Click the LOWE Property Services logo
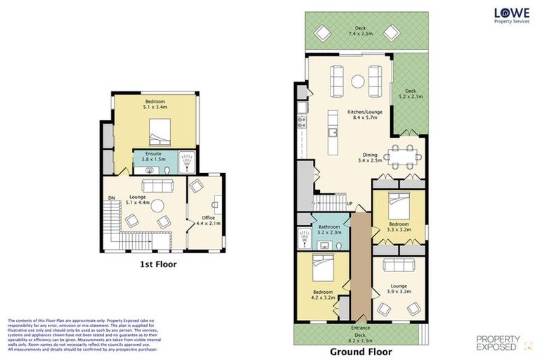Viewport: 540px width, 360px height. [x=510, y=15]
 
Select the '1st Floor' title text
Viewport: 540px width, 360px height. [x=157, y=264]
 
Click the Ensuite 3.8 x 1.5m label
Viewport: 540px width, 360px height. [x=148, y=157]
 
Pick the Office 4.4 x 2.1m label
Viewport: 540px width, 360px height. [x=208, y=221]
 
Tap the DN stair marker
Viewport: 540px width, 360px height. [x=112, y=198]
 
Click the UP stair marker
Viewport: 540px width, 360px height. [x=349, y=204]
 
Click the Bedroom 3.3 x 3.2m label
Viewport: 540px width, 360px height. [x=399, y=226]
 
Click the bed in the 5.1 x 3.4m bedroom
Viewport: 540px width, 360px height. [x=160, y=129]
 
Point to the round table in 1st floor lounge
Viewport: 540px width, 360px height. [x=158, y=206]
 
